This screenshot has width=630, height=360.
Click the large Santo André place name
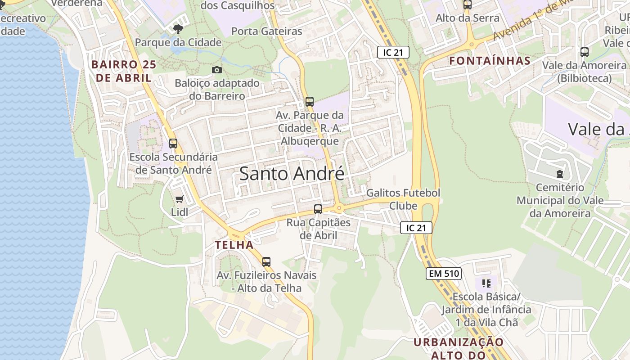(x=292, y=174)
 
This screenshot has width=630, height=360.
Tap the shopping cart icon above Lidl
(x=179, y=199)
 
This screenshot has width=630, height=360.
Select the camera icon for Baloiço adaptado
(x=217, y=70)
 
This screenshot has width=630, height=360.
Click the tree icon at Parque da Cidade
(x=178, y=29)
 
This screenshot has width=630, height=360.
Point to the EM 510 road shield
(x=444, y=273)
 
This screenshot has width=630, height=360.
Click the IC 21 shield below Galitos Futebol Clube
(x=416, y=228)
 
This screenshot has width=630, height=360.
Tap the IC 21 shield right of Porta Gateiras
(x=393, y=52)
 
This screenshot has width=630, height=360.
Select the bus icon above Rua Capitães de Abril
(x=318, y=209)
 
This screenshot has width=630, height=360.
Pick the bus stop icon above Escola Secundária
(x=173, y=144)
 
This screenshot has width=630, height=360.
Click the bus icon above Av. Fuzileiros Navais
(x=266, y=261)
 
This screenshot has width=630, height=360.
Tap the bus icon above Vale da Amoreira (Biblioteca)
(x=585, y=52)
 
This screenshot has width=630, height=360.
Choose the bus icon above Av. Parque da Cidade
(x=310, y=102)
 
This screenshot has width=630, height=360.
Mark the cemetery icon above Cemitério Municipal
(x=560, y=174)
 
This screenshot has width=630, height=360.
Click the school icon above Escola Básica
(x=486, y=283)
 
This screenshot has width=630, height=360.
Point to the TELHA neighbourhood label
(x=234, y=245)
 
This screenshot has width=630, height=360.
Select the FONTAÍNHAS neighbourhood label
(x=490, y=61)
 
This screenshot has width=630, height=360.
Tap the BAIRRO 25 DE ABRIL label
(x=124, y=71)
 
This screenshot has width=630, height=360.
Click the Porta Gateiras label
(x=267, y=31)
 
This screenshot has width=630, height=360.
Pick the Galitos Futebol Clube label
(x=403, y=199)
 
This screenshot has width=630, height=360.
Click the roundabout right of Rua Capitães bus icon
(x=338, y=208)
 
